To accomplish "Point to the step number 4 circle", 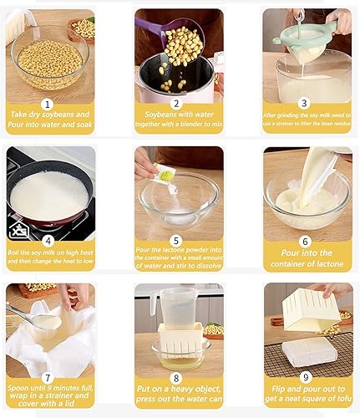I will click(x=48, y=238).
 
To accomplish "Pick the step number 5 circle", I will click(x=178, y=238).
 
